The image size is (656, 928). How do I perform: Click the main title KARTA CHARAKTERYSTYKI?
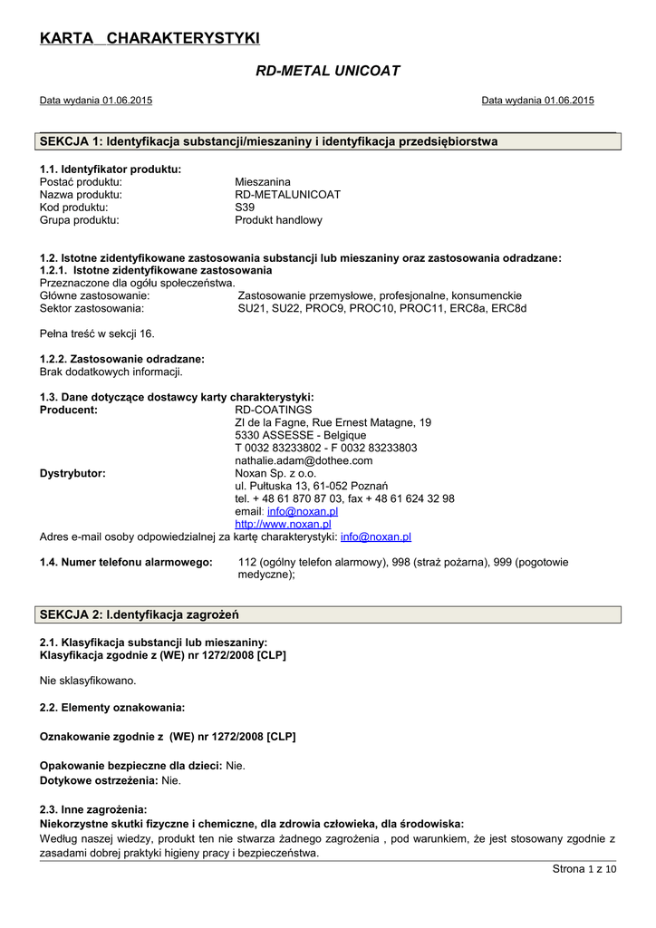coord(150,37)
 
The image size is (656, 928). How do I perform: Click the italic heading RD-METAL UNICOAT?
coord(328,71)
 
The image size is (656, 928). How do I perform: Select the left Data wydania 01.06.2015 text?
coord(96,101)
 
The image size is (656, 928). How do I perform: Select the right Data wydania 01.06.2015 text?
coord(537,101)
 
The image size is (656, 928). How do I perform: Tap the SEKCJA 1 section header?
coord(269,141)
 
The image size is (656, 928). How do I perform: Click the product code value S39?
coord(245,207)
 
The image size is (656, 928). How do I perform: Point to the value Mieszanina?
coord(263,181)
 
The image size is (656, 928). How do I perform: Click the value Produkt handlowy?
coord(278,219)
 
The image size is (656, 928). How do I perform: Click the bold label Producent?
coord(69,410)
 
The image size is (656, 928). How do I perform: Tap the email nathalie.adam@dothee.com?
coord(304,460)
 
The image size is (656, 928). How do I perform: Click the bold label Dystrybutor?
coord(72,473)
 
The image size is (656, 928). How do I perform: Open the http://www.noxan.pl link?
coord(283,524)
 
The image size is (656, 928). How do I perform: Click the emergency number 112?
coord(246,562)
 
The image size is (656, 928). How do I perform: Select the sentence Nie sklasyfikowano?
coord(88,680)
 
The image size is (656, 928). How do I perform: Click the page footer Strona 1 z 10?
coord(584,870)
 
